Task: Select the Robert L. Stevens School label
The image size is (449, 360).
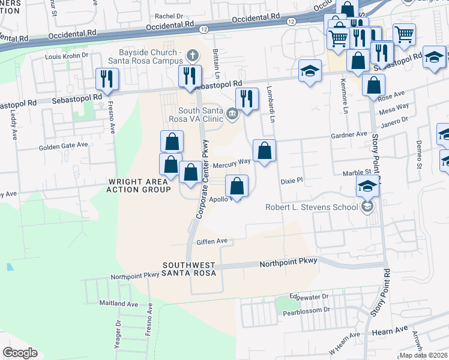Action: click(312, 208)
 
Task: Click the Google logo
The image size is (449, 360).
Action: click(20, 353)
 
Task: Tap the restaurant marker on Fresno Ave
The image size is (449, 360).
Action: click(107, 79)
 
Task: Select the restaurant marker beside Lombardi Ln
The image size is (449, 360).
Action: click(247, 98)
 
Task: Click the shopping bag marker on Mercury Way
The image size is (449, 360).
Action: click(264, 151)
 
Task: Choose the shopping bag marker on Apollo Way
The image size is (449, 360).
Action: click(237, 186)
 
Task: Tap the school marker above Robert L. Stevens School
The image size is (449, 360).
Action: click(367, 187)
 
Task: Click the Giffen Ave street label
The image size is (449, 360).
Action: click(212, 241)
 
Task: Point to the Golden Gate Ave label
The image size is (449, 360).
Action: click(64, 145)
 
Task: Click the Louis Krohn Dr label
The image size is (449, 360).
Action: click(67, 56)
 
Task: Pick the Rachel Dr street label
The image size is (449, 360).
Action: click(169, 17)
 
